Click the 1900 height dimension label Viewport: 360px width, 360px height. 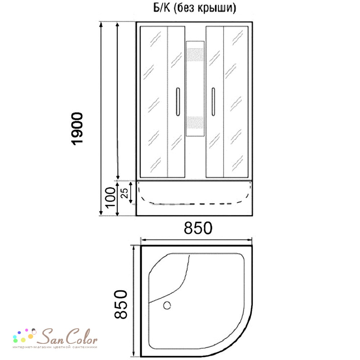coord(77,129)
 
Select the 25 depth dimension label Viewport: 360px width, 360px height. coord(125,193)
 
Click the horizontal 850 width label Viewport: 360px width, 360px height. coord(198,228)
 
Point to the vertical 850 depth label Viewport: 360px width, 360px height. coord(121,304)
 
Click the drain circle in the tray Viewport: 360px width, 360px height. coord(167,305)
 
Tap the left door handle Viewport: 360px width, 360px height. coord(178,102)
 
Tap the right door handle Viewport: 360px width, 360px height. coord(213,102)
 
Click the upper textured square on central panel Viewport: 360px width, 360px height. coord(195,55)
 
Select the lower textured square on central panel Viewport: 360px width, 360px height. coord(195,123)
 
